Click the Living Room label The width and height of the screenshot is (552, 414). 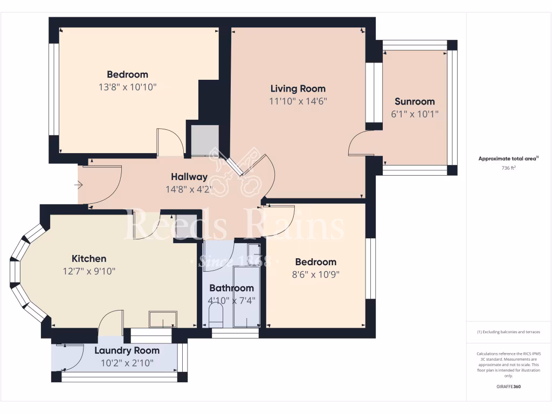pos(298,88)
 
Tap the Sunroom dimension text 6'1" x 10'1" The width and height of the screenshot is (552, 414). pos(414,114)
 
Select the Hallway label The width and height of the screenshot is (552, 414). pos(189,177)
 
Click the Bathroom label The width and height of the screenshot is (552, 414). pos(231,288)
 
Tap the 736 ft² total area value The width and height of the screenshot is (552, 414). pos(509,168)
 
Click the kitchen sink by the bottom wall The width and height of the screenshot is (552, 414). pos(163,319)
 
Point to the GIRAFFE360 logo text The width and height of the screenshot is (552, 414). pos(509,387)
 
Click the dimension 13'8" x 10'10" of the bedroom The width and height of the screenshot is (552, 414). pos(127,87)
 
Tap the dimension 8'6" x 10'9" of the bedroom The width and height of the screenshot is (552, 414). pos(315,274)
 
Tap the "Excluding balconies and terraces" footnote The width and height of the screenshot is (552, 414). pos(509,332)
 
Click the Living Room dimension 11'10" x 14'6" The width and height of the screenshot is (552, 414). pos(298,101)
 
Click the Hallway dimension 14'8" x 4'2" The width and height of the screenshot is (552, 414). pos(189,189)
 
